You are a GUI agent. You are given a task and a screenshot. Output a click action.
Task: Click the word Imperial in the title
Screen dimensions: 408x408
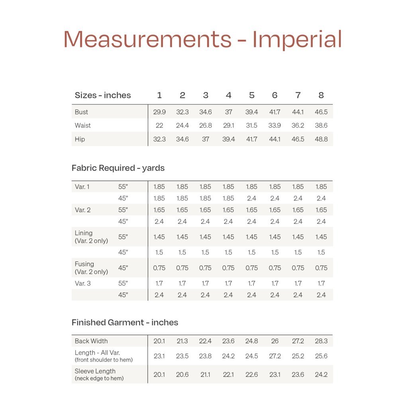pos(297,39)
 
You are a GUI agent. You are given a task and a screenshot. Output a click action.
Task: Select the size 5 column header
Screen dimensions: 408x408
pos(252,95)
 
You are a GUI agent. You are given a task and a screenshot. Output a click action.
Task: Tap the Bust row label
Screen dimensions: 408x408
pos(81,112)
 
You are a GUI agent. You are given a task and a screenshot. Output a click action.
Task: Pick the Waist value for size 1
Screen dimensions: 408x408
pos(159,126)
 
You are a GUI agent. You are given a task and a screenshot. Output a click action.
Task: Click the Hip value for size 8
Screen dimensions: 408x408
pos(321,139)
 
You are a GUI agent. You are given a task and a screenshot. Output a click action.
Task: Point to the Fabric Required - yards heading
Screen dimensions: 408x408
pos(118,168)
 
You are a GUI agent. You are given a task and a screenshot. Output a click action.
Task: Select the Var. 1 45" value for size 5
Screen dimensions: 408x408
pos(252,198)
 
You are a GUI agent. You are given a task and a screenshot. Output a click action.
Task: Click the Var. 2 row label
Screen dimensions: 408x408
pos(82,210)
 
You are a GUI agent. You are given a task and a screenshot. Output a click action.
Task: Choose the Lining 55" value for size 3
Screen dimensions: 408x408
pos(206,237)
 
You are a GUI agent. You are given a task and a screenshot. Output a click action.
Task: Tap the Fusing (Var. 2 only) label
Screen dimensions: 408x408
pos(91,268)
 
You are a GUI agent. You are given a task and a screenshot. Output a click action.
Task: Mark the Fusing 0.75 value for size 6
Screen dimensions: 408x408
pos(275,268)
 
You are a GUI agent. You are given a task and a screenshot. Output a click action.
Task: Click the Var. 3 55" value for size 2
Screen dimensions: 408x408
pos(182,283)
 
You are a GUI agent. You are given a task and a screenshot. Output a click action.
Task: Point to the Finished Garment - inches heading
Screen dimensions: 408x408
pos(125,322)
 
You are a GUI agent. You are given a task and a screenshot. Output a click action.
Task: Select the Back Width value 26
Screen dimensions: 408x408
pos(275,341)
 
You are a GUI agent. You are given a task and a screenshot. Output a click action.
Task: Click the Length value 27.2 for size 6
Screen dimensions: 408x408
pos(275,356)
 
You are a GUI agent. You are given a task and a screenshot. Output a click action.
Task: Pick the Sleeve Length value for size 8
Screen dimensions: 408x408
pos(321,375)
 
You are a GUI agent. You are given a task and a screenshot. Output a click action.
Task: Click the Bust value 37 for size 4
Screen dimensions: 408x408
pos(229,112)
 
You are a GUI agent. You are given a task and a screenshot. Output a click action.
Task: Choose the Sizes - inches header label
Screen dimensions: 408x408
pos(103,95)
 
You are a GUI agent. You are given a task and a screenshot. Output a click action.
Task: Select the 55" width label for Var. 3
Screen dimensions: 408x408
pos(123,283)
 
